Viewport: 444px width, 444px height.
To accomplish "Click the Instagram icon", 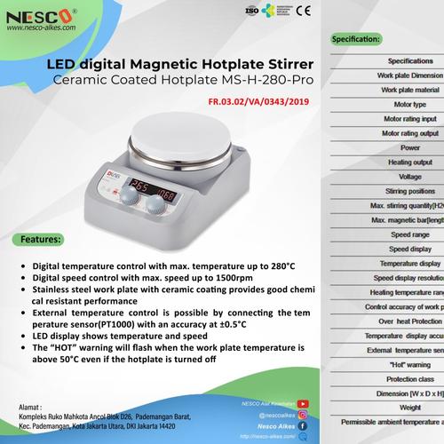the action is [x=304, y=414].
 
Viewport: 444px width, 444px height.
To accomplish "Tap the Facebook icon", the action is [x=303, y=425].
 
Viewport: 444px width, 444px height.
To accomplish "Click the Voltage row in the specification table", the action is [x=410, y=177].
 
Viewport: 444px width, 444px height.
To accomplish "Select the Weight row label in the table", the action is [x=410, y=408].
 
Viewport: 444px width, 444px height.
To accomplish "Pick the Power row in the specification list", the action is [x=410, y=147].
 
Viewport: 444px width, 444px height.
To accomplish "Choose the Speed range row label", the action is [x=410, y=234].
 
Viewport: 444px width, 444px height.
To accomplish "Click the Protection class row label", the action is [x=410, y=378].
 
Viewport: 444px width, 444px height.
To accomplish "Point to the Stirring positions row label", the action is [x=410, y=191].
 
